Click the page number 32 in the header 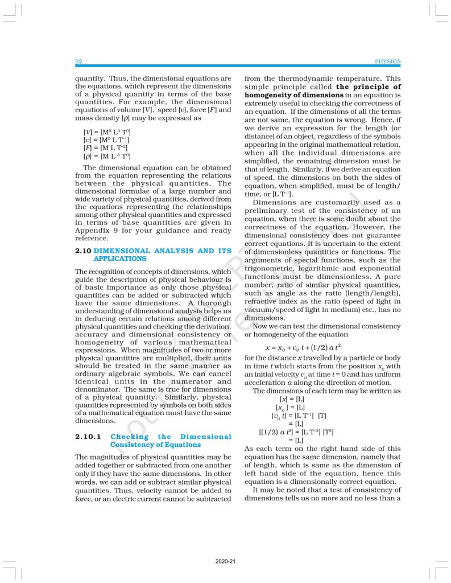[79, 61]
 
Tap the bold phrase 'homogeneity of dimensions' [293, 95]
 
